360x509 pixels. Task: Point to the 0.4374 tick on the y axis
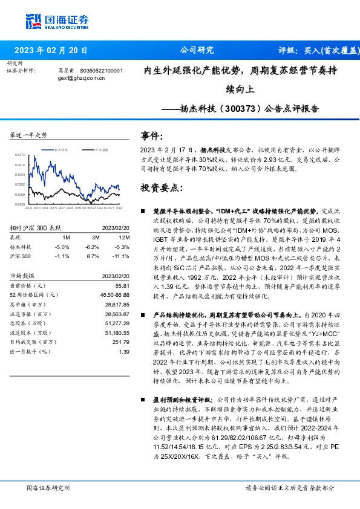click(20, 154)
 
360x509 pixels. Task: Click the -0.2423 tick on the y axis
click(20, 204)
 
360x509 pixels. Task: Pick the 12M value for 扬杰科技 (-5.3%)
click(122, 247)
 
